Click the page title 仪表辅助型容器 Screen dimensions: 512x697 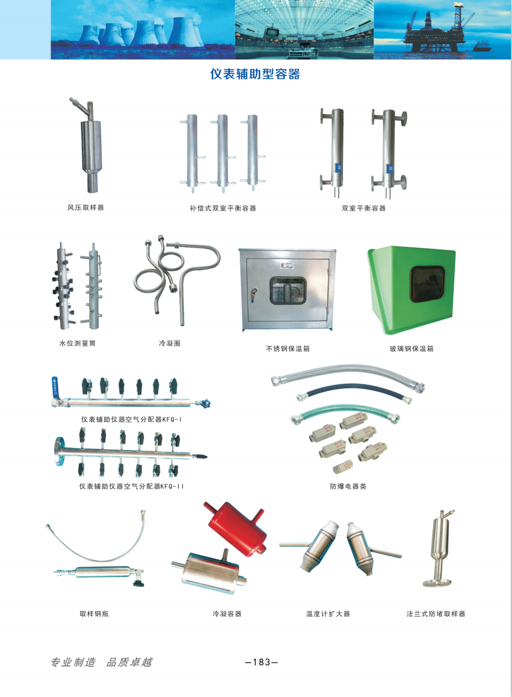pyautogui.click(x=255, y=74)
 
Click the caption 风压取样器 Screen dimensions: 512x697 pyautogui.click(x=86, y=208)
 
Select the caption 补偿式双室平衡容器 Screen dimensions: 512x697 pyautogui.click(x=223, y=208)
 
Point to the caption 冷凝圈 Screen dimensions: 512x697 pyautogui.click(x=170, y=343)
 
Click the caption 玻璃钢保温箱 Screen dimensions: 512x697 pyautogui.click(x=412, y=349)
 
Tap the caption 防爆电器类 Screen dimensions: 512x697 pyautogui.click(x=348, y=487)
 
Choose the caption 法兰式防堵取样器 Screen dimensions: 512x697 pyautogui.click(x=436, y=614)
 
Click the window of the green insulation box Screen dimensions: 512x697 pyautogui.click(x=427, y=284)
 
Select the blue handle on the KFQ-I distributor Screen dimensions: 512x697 pyautogui.click(x=55, y=385)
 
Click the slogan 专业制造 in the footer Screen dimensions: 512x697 pyautogui.click(x=73, y=662)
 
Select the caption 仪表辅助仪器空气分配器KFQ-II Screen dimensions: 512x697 pyautogui.click(x=132, y=487)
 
